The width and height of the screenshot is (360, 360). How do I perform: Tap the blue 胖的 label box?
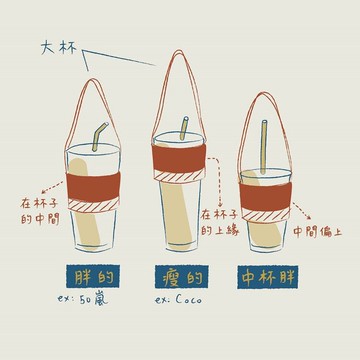(88, 276)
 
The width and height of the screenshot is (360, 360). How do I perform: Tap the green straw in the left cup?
(100, 138)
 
